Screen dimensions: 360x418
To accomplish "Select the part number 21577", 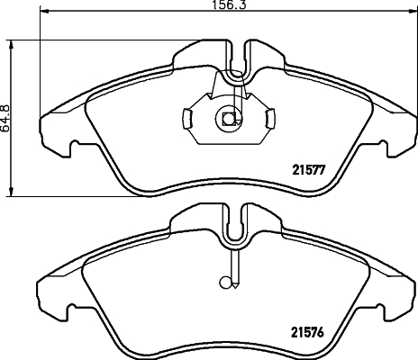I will click(308, 166).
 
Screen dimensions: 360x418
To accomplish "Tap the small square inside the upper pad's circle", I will click(229, 117).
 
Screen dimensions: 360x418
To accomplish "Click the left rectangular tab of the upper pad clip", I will click(186, 118).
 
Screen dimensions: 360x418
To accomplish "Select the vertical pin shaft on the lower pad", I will click(234, 265).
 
